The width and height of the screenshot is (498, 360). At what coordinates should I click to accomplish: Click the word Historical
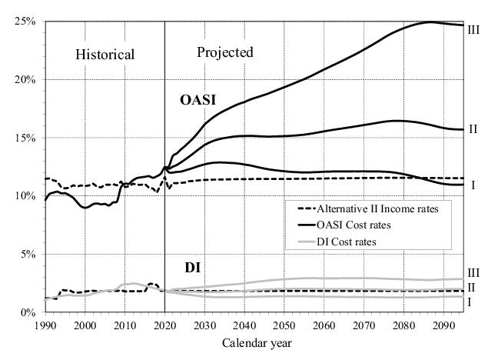click(105, 55)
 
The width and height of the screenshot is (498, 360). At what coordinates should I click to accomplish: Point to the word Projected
click(225, 52)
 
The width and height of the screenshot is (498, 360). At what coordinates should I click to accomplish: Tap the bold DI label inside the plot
click(192, 268)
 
